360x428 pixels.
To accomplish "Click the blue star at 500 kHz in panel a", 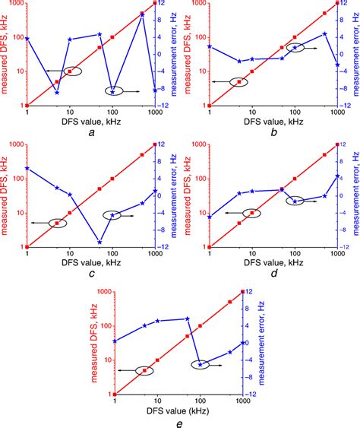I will coord(142,16).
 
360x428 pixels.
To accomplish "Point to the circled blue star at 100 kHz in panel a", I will coord(112,91).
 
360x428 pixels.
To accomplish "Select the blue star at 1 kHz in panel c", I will coord(27,168).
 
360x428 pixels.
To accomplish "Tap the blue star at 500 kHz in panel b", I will coord(325,34).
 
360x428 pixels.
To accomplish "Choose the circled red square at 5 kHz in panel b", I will coord(239,81).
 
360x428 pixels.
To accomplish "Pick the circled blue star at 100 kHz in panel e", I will coord(201,365).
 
